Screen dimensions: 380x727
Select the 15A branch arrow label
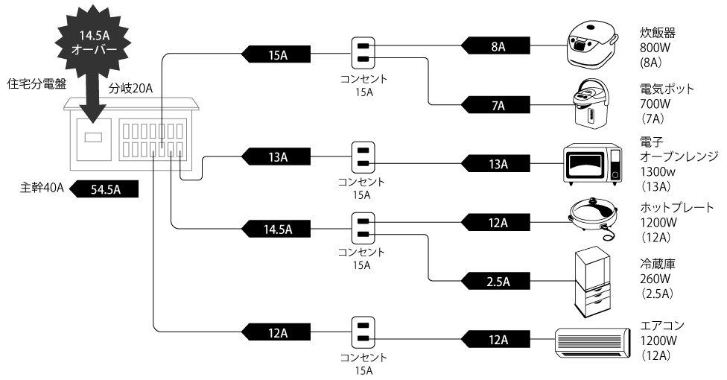click(276, 54)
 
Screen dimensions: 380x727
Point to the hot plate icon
click(593, 218)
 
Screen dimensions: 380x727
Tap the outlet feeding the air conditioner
click(363, 333)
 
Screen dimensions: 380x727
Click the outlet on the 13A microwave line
click(363, 159)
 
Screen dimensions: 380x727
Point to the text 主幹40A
click(41, 189)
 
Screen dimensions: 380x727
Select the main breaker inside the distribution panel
click(95, 137)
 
